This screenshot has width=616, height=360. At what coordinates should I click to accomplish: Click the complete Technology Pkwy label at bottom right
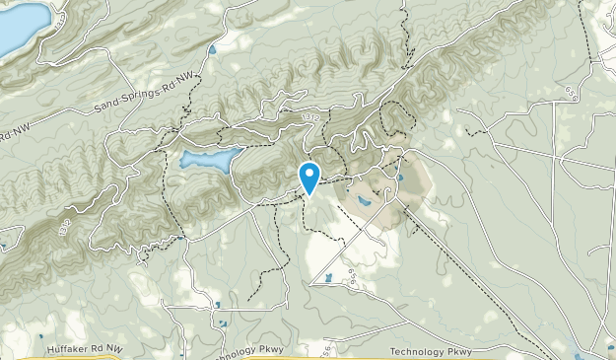click(430, 351)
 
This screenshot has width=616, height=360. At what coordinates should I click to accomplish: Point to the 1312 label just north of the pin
click(312, 117)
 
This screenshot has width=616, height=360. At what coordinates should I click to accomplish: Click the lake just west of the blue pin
click(209, 160)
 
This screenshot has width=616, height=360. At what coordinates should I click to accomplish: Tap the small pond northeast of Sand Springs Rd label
click(212, 46)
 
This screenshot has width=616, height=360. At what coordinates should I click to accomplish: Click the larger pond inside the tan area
click(365, 201)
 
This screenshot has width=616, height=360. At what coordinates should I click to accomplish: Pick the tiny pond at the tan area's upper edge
click(399, 179)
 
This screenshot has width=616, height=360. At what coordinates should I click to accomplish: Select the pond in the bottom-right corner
click(580, 345)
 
